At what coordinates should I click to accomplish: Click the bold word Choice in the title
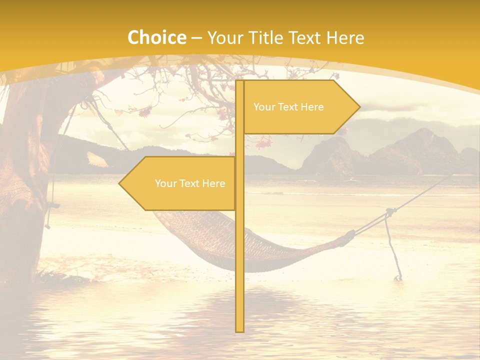156,37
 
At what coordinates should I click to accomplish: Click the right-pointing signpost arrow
300,106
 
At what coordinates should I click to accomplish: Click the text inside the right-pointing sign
288,107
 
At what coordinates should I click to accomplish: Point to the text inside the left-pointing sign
190,183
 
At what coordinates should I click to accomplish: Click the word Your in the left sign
165,183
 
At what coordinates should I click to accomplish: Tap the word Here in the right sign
312,107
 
